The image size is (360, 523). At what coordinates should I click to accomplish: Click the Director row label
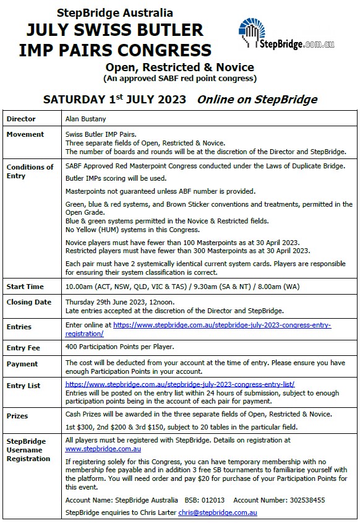pos(20,119)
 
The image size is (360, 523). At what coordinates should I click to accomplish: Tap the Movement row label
pos(25,134)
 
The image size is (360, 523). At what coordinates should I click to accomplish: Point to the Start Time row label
pos(25,287)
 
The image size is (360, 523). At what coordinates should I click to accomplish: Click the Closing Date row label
pos(28,302)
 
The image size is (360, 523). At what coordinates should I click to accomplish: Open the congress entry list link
pos(179,384)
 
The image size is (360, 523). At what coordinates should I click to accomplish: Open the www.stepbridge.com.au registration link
pos(103,449)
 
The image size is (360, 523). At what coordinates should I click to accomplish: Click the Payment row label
pos(22,364)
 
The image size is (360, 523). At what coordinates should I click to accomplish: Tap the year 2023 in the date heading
pos(167,99)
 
